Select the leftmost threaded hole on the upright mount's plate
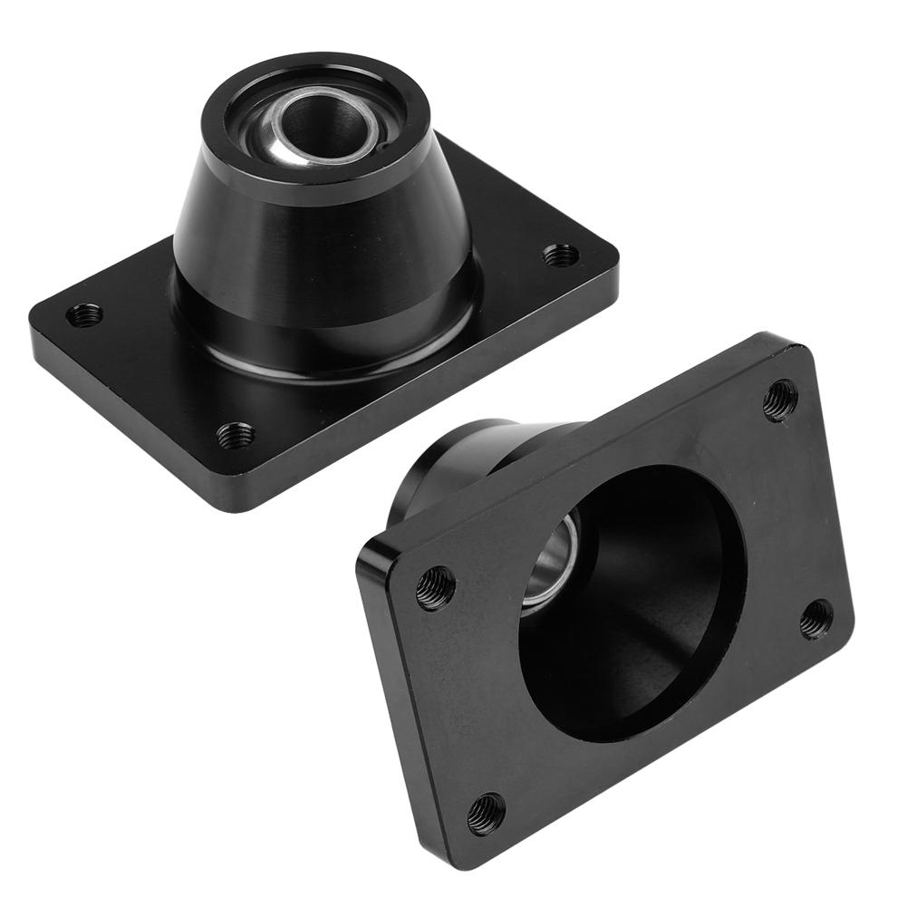[85, 315]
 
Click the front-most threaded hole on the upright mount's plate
[236, 435]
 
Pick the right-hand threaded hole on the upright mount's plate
[561, 255]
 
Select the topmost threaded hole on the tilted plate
[780, 399]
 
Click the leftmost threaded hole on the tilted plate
[436, 588]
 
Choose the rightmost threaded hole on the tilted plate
[816, 619]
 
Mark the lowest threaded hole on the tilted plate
[487, 814]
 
